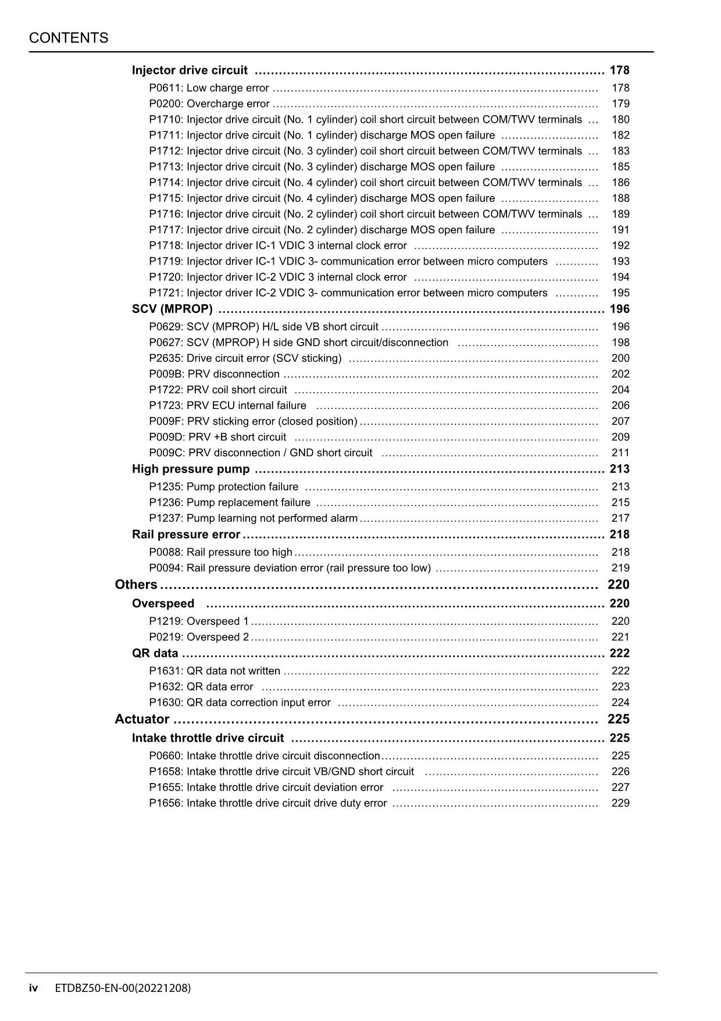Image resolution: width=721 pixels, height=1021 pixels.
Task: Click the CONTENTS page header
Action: click(x=69, y=38)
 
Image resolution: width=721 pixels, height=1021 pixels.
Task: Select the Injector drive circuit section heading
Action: click(x=190, y=70)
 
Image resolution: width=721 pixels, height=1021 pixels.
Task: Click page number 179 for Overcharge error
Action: click(x=620, y=104)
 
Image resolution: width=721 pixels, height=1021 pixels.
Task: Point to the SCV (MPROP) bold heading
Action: click(x=172, y=309)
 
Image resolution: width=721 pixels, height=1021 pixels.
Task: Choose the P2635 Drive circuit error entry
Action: click(x=245, y=358)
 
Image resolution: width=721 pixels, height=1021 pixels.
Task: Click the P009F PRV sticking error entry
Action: click(x=253, y=421)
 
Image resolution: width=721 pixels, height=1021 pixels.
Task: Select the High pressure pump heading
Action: click(x=191, y=469)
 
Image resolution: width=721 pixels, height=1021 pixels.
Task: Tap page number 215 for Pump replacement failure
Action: click(x=620, y=502)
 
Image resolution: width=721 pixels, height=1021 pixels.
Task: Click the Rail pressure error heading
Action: click(x=185, y=534)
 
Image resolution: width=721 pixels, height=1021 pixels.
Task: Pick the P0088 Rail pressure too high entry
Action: click(x=220, y=552)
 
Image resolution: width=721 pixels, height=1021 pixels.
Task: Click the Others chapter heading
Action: click(x=136, y=585)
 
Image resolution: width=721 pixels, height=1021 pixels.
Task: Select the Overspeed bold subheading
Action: click(x=163, y=603)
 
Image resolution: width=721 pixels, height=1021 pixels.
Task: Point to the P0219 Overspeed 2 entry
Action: click(x=199, y=637)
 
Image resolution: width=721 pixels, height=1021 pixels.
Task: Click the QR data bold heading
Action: click(x=155, y=653)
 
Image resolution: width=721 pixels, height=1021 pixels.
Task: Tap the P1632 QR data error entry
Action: click(x=201, y=686)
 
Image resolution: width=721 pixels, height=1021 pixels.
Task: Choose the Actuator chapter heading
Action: click(x=142, y=719)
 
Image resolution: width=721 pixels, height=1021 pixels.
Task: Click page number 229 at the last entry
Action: click(x=620, y=803)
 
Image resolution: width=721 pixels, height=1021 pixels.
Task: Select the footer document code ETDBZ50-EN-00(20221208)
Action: click(x=123, y=988)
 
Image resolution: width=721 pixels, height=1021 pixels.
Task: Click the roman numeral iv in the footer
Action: click(x=34, y=988)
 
